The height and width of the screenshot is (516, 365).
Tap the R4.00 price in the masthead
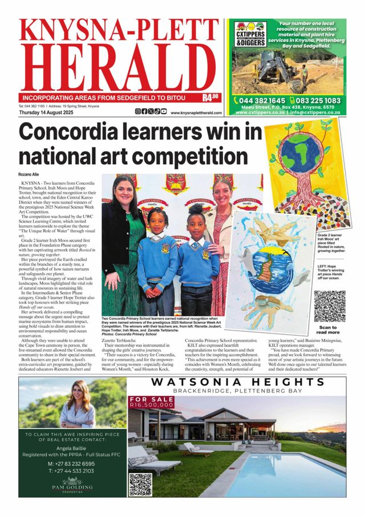[212, 96]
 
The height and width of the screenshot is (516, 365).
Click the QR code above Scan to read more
[330, 306]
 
